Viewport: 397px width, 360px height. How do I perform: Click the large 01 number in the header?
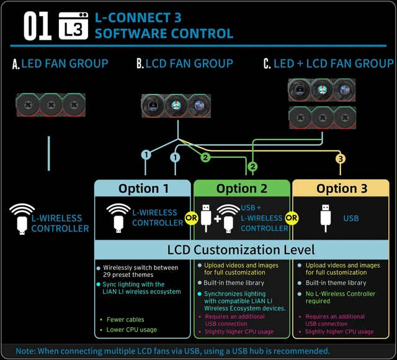coord(37,26)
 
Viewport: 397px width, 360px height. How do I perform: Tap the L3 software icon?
coord(73,26)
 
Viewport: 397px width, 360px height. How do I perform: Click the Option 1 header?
coord(143,188)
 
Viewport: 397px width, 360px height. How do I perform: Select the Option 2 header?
coord(241,188)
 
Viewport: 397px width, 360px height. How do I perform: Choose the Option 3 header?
coord(342,188)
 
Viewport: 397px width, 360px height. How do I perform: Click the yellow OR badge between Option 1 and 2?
coord(192,218)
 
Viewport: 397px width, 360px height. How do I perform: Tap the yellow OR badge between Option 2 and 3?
coord(292,218)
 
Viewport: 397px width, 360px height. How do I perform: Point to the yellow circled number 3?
coord(341,159)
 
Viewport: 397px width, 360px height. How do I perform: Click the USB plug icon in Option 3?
coord(325,218)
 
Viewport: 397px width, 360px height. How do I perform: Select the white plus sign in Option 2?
coord(218,219)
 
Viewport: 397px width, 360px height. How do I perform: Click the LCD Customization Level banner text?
coord(241,250)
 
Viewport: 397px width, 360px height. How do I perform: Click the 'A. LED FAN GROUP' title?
coord(60,63)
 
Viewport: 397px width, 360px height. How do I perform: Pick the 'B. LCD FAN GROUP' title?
coord(185,63)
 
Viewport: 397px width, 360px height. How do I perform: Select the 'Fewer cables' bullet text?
coord(125,320)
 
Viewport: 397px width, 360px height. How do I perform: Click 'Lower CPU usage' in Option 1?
coord(132,330)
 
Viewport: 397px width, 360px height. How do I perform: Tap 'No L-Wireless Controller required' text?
coord(341,297)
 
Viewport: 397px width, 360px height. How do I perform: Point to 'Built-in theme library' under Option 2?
coord(234,283)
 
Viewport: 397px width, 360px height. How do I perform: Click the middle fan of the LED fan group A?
coord(51,105)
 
